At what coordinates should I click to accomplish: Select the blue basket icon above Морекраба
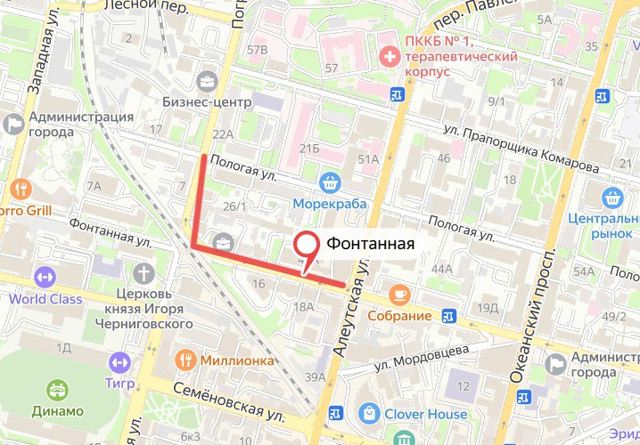[331, 182]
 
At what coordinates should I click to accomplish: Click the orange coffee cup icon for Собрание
[398, 294]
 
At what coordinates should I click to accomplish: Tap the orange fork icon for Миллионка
[185, 360]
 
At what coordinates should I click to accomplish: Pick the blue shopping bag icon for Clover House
[369, 413]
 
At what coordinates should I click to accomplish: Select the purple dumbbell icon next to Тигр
[119, 362]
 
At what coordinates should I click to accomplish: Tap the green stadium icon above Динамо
[58, 389]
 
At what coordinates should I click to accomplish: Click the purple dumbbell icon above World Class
[45, 277]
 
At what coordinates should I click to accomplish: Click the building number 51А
[368, 158]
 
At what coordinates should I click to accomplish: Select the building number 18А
[303, 306]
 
